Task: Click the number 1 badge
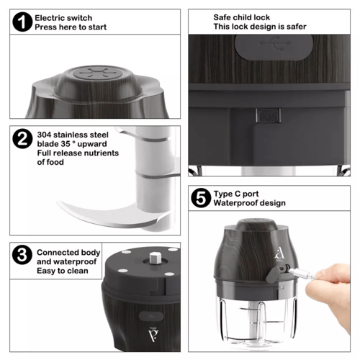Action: tap(22, 22)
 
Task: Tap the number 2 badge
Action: tap(22, 139)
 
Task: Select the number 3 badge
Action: tap(22, 255)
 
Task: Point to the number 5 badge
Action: tap(201, 198)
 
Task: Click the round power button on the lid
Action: tap(98, 73)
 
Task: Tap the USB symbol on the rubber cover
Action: tap(275, 43)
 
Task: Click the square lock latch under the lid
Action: tap(268, 115)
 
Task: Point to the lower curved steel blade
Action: tap(113, 215)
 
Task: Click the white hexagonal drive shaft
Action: tap(156, 258)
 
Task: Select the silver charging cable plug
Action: tap(303, 274)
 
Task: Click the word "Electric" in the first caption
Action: tap(49, 18)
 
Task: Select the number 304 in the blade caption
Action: tap(44, 135)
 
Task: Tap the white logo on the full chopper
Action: tap(279, 254)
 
